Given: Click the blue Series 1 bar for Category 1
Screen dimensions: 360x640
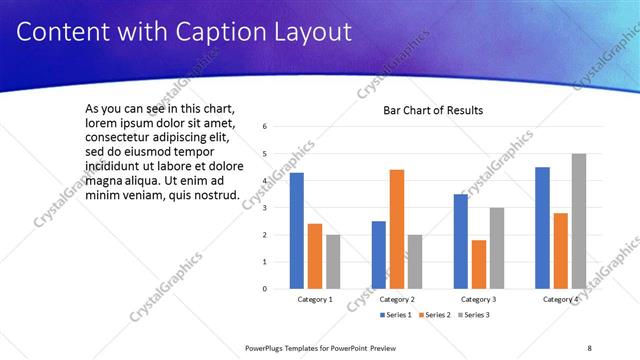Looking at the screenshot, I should [297, 231].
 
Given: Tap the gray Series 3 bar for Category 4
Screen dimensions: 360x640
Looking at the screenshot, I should [579, 221].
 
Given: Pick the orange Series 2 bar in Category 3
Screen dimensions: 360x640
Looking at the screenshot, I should [479, 264].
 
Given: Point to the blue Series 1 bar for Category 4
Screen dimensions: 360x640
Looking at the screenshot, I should [543, 228].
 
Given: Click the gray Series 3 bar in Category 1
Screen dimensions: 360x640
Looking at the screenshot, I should [333, 262].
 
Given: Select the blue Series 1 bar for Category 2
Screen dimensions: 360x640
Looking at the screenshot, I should [379, 255].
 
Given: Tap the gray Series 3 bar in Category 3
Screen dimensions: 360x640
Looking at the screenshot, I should [497, 248].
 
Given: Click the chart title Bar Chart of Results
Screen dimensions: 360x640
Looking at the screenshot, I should [433, 110].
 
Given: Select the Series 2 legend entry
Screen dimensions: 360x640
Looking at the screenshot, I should [435, 315].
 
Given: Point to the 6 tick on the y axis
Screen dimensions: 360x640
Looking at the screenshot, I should [264, 127].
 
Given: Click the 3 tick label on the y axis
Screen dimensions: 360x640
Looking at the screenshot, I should [264, 208].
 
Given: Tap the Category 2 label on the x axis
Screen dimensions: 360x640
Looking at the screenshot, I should [397, 299].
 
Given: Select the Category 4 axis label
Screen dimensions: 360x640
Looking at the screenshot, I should [561, 299].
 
